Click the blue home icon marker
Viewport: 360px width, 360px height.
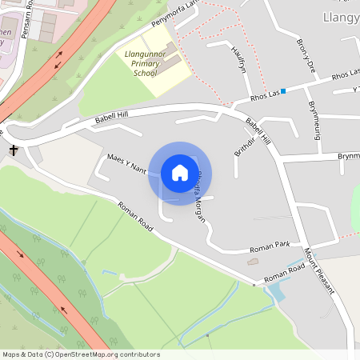[179, 173]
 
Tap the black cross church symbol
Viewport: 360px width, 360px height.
[14, 150]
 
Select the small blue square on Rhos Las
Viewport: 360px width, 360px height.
[283, 90]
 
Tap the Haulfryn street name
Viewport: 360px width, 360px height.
[237, 57]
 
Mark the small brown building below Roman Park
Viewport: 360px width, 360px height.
[254, 262]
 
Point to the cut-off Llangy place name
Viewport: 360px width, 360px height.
[340, 18]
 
